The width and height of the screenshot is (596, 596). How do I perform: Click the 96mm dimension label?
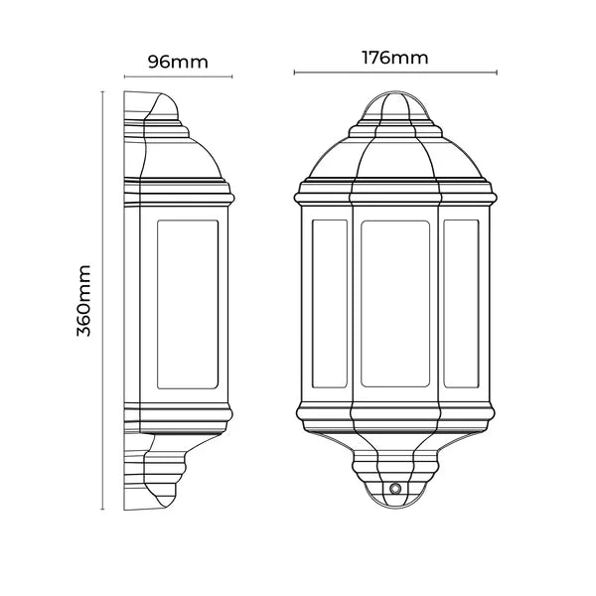pyautogui.click(x=178, y=62)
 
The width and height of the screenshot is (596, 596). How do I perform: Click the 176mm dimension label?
pyautogui.click(x=396, y=57)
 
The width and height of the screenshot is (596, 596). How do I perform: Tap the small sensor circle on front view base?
pyautogui.click(x=395, y=490)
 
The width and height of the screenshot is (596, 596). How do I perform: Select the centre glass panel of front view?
pyautogui.click(x=396, y=302)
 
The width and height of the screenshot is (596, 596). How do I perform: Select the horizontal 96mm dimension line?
pyautogui.click(x=178, y=76)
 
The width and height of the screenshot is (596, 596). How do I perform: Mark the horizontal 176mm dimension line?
pyautogui.click(x=396, y=73)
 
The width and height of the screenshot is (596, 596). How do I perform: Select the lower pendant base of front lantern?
pyautogui.click(x=396, y=472)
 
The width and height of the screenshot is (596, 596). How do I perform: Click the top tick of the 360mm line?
pyautogui.click(x=103, y=90)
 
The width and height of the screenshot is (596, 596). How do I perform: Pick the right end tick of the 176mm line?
pyautogui.click(x=496, y=73)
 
